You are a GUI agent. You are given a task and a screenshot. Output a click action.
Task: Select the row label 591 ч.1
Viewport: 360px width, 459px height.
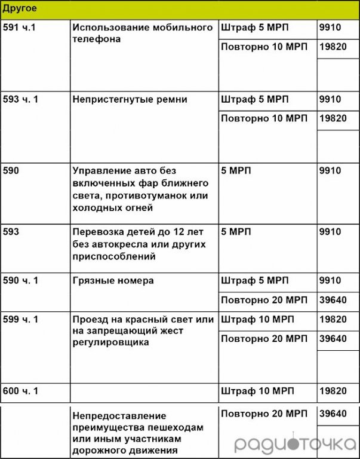pyautogui.click(x=20, y=28)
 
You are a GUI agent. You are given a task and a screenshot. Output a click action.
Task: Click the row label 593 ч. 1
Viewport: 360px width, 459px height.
pyautogui.click(x=21, y=99)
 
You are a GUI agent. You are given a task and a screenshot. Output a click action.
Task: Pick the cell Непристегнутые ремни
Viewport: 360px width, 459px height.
pyautogui.click(x=130, y=99)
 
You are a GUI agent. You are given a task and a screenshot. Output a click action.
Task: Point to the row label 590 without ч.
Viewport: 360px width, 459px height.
pyautogui.click(x=11, y=171)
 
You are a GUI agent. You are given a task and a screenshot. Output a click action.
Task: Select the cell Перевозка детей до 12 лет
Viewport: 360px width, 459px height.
pyautogui.click(x=138, y=244)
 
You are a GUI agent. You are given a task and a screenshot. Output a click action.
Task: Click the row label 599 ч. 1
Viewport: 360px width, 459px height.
pyautogui.click(x=21, y=320)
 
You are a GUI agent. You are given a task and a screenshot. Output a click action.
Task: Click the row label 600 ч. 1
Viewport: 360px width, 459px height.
pyautogui.click(x=21, y=391)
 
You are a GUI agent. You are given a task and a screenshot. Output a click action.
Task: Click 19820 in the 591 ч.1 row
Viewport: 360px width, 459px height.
pyautogui.click(x=333, y=47)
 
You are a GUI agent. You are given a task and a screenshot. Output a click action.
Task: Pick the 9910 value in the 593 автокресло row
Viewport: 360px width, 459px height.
pyautogui.click(x=330, y=232)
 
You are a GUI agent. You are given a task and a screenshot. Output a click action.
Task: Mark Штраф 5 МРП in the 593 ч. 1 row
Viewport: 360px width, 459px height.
pyautogui.click(x=256, y=99)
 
